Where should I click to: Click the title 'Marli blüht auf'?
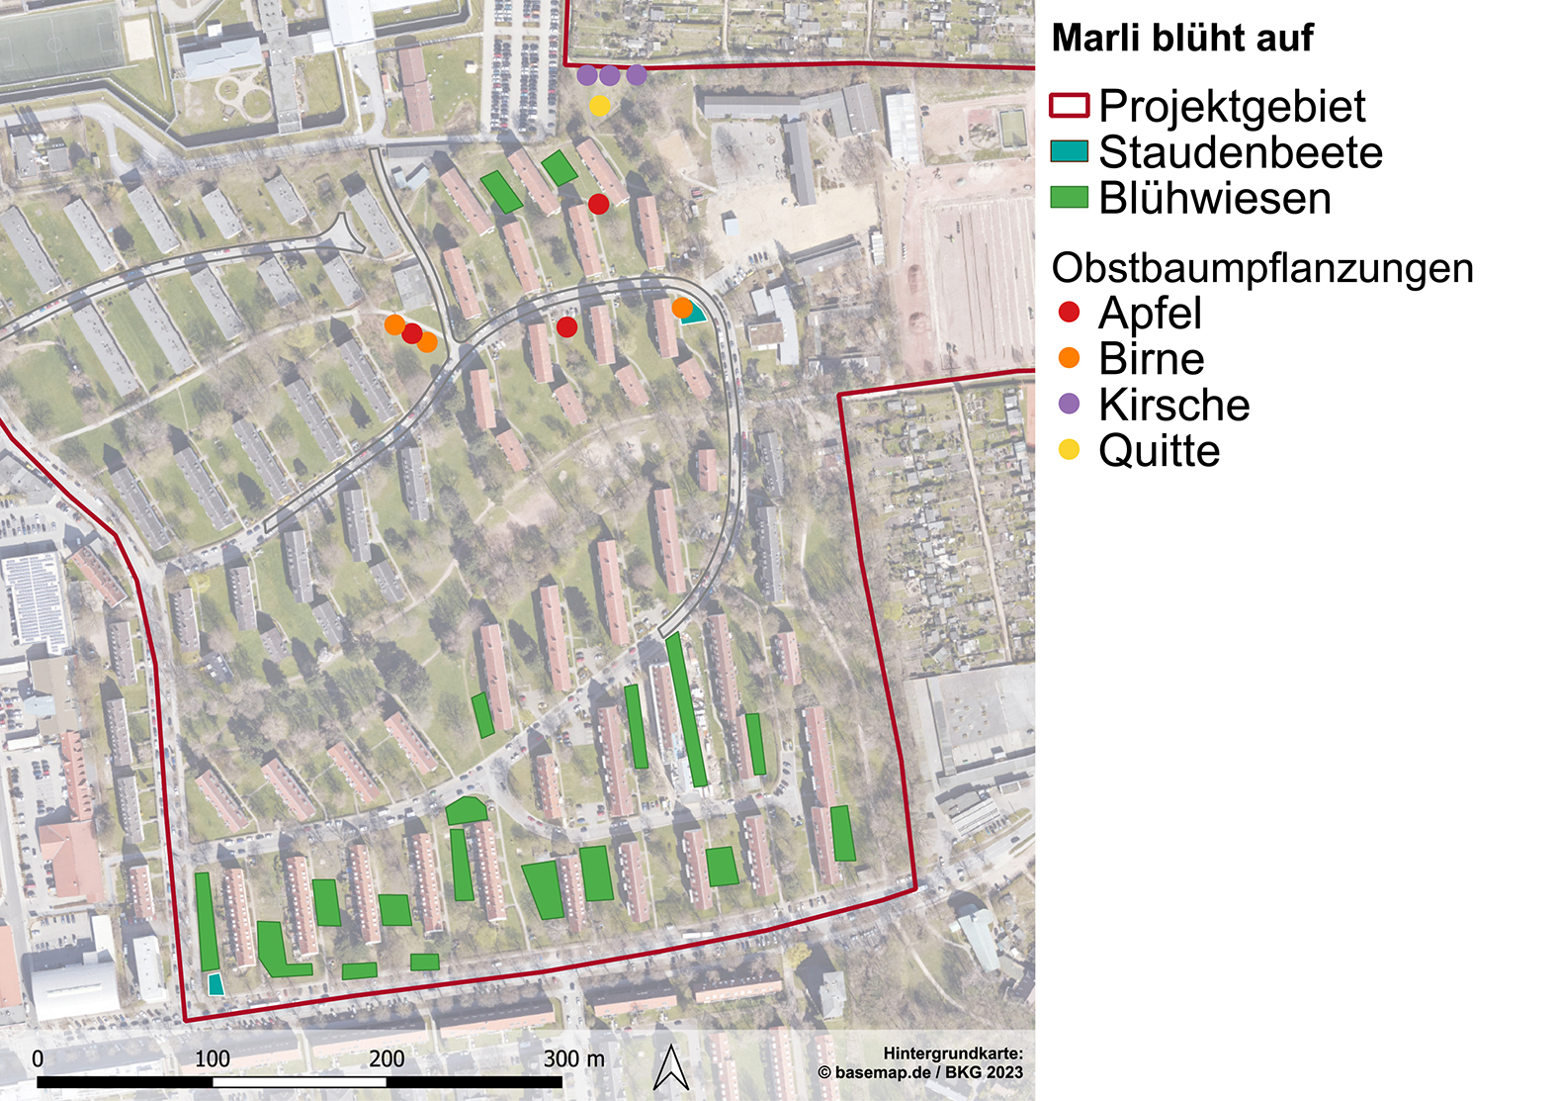tap(1181, 39)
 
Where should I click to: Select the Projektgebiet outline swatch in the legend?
tap(1069, 105)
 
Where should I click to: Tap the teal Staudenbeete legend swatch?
tap(1069, 151)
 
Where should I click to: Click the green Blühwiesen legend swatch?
tap(1069, 197)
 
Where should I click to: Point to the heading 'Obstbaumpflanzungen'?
tap(1261, 268)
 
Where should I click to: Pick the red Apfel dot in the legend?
tap(1069, 313)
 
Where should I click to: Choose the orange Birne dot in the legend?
tap(1069, 358)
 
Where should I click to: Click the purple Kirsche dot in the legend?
tap(1069, 404)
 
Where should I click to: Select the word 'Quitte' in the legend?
tap(1159, 451)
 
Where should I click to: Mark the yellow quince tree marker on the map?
tap(599, 105)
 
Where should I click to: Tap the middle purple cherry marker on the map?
tap(610, 75)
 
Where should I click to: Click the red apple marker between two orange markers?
tap(412, 333)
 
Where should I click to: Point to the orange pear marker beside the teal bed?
tap(681, 308)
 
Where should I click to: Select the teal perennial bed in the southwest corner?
tap(216, 984)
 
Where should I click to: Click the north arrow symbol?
tap(672, 1068)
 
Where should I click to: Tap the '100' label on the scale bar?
tap(212, 1058)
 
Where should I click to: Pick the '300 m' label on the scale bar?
tap(573, 1058)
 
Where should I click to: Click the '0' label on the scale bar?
tap(38, 1058)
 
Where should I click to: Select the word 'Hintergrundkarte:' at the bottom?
tap(953, 1054)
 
